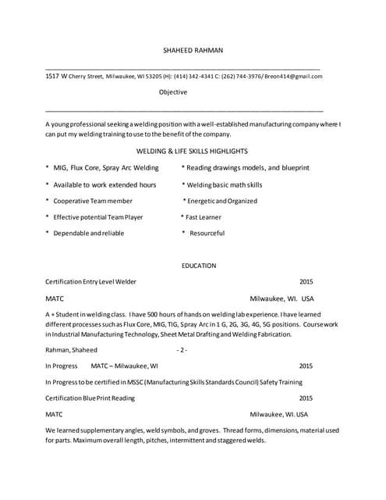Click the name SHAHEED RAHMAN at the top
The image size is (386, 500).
pos(193,50)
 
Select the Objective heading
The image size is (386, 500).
pos(172,92)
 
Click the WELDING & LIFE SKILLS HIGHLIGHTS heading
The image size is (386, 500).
pos(192,151)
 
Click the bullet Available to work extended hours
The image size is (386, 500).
pos(104,185)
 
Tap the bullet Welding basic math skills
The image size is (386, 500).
pos(225,185)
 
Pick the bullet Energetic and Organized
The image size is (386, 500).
pos(221,201)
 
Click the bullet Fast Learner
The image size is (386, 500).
pos(204,217)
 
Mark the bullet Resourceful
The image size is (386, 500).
pos(206,234)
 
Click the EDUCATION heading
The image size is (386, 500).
pos(199,266)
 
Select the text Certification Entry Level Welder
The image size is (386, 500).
pos(90,281)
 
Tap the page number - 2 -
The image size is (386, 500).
pos(182,350)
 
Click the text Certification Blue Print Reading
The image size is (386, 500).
pos(90,398)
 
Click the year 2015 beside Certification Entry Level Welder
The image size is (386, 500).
pos(306,281)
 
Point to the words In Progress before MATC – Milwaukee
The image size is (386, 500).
pos(62,366)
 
